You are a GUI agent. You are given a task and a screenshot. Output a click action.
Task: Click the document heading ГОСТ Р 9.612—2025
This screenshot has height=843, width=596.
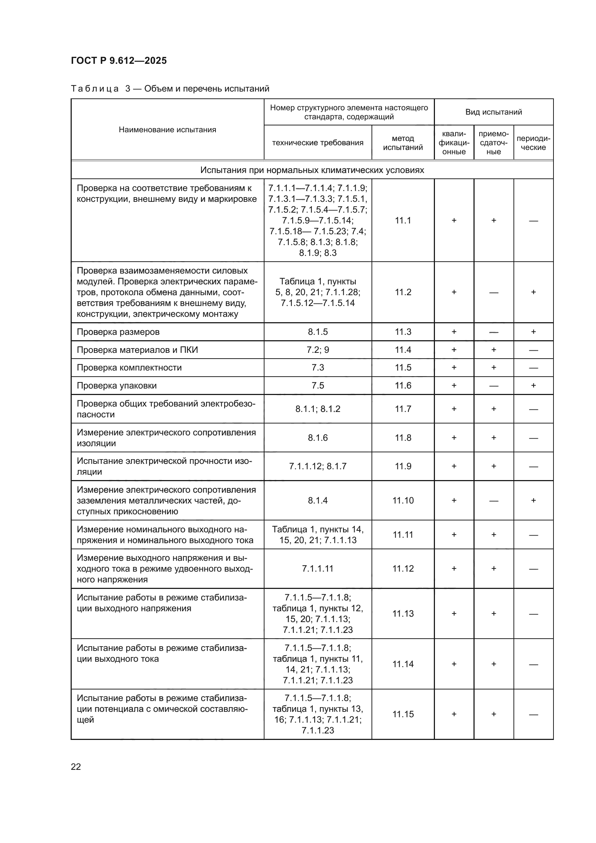(x=119, y=61)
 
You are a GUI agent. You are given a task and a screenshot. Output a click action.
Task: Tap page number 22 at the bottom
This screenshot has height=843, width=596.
(x=76, y=767)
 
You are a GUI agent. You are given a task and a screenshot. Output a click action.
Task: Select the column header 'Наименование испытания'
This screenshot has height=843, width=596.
(x=167, y=130)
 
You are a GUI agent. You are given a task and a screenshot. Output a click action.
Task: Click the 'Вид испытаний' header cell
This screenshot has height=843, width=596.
(x=493, y=112)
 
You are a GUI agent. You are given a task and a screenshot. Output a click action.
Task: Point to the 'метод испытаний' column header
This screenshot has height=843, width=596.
(x=402, y=143)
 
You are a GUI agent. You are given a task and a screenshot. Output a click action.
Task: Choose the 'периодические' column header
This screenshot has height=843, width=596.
(x=533, y=143)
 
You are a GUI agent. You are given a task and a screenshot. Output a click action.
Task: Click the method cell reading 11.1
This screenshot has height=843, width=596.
(x=402, y=220)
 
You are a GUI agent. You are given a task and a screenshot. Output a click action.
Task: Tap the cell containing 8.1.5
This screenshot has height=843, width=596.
(x=317, y=332)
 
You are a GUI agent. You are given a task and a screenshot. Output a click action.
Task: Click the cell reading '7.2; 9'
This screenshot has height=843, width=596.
(x=317, y=350)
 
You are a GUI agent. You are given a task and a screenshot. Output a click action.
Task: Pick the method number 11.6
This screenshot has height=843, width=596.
(x=402, y=386)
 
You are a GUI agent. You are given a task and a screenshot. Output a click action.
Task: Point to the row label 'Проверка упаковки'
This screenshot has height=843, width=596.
(x=117, y=386)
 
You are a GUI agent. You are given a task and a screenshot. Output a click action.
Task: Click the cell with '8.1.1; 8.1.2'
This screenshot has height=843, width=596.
(x=317, y=409)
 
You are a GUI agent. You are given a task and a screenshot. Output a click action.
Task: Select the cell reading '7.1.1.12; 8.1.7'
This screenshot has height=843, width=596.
(x=317, y=466)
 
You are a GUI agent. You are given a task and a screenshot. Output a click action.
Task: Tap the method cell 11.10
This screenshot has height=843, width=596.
(x=402, y=501)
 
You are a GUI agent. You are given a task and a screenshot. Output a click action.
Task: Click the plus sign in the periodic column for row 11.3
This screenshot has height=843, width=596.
(x=533, y=332)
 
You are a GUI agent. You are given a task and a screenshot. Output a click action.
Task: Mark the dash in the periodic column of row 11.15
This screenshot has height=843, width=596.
(x=533, y=714)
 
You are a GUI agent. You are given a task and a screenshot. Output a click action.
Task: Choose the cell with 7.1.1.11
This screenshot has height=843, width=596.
(x=317, y=569)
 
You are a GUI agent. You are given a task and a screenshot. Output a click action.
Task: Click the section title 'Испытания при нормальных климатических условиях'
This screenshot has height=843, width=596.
(x=312, y=170)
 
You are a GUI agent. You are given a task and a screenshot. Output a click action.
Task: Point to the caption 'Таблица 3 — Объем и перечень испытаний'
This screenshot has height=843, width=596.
(x=170, y=89)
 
